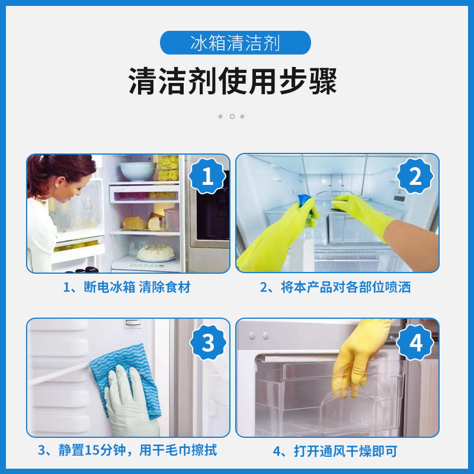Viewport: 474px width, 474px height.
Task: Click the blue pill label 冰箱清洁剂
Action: coord(236,43)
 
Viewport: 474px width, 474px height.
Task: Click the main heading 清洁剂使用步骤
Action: coord(233,81)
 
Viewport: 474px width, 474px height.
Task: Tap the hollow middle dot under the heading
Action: coord(232,116)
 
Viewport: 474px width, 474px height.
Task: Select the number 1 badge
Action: coord(207,177)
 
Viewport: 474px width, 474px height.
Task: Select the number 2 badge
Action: coord(416,177)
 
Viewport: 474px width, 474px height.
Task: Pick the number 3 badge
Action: coord(207,342)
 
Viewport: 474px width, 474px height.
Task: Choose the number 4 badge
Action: coord(416,342)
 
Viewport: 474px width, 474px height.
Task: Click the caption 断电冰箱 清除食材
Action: coord(127,287)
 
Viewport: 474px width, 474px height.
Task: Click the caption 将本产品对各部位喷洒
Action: coord(335,287)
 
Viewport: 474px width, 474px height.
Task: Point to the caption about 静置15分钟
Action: coord(127,450)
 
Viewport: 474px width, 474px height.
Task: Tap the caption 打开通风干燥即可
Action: coord(335,451)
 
